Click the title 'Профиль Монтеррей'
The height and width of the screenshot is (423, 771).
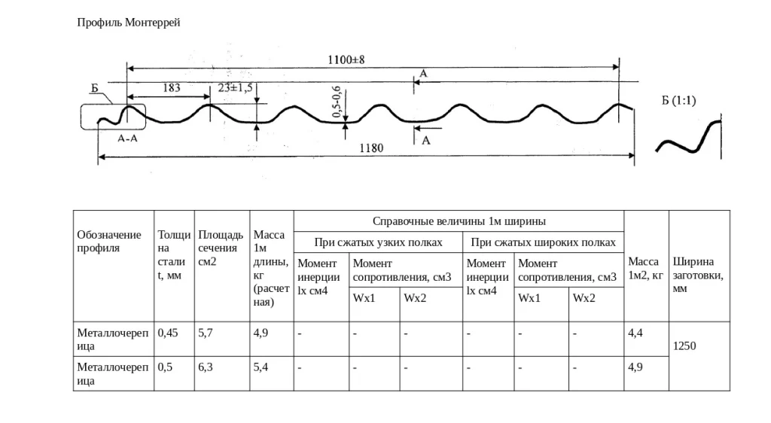point(129,23)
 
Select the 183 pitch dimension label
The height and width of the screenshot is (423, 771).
point(171,87)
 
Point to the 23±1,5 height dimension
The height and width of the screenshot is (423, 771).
point(236,87)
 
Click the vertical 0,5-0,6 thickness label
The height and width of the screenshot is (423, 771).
point(337,105)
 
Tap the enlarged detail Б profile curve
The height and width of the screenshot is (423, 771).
point(688,138)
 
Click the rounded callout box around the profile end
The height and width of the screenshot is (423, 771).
point(112,117)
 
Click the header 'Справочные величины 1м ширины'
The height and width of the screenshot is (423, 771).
point(459,221)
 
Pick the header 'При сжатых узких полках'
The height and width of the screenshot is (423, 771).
point(378,242)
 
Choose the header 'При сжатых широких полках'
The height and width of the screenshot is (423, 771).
point(543,242)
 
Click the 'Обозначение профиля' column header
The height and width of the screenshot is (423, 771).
point(109,242)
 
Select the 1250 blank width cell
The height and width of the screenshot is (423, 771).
point(684,346)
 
